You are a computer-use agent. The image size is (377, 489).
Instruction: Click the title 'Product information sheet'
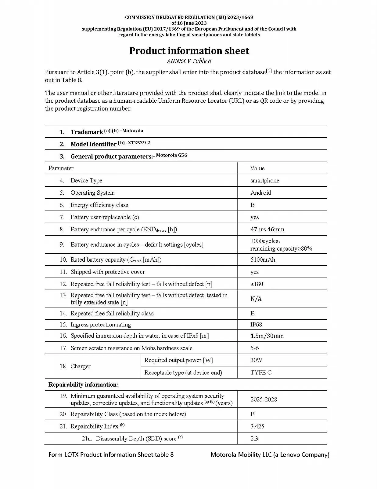point(189,51)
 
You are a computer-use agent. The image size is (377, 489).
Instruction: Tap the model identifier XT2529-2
point(139,143)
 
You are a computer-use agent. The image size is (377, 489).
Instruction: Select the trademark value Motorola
point(133,131)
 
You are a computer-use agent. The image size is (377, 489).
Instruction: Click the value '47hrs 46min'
point(267,229)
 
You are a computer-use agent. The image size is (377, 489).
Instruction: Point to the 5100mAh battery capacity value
point(263,259)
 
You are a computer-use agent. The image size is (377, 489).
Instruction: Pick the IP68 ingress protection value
point(256,324)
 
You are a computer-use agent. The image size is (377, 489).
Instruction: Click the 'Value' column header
point(257,168)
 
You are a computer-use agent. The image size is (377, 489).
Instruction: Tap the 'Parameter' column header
point(61,168)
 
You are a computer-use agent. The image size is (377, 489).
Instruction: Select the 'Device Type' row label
point(86,180)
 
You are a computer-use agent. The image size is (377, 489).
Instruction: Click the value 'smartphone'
point(264,180)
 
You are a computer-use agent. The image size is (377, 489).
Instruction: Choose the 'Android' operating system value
point(260,193)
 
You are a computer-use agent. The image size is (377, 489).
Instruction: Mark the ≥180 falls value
point(257,284)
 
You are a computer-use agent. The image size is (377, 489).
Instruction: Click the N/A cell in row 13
point(256,299)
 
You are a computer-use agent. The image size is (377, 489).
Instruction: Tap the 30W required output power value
point(256,360)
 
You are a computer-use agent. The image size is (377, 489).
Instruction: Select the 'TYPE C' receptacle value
point(261,372)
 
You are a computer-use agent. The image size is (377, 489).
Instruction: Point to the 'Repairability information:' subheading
point(83,384)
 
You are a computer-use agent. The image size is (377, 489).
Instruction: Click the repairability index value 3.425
point(257,426)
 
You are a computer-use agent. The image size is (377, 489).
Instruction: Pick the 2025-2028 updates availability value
point(264,399)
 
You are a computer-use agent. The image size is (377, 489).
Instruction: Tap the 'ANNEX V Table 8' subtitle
point(189,61)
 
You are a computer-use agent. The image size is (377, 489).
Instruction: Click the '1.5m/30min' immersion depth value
point(267,336)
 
